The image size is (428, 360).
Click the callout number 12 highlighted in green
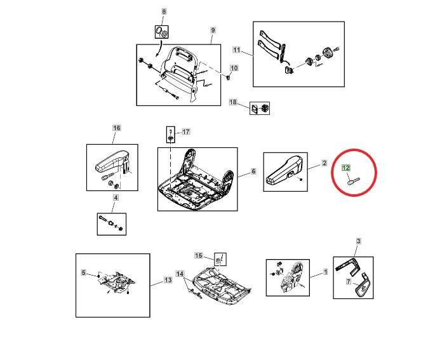346,168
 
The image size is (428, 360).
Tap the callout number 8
164,11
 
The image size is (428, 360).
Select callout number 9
213,30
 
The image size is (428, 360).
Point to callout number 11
236,50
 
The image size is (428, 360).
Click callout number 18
233,102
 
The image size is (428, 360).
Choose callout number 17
185,132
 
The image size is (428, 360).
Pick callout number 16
117,128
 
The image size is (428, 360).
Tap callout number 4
116,197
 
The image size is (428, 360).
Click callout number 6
253,171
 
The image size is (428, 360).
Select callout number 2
324,163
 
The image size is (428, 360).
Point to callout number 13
168,280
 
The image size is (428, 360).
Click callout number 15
198,256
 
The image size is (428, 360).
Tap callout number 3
358,241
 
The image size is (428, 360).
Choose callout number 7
349,281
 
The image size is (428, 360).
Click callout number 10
234,68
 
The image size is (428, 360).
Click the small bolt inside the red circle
354,181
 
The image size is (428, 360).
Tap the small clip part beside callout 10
227,78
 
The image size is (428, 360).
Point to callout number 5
84,272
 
